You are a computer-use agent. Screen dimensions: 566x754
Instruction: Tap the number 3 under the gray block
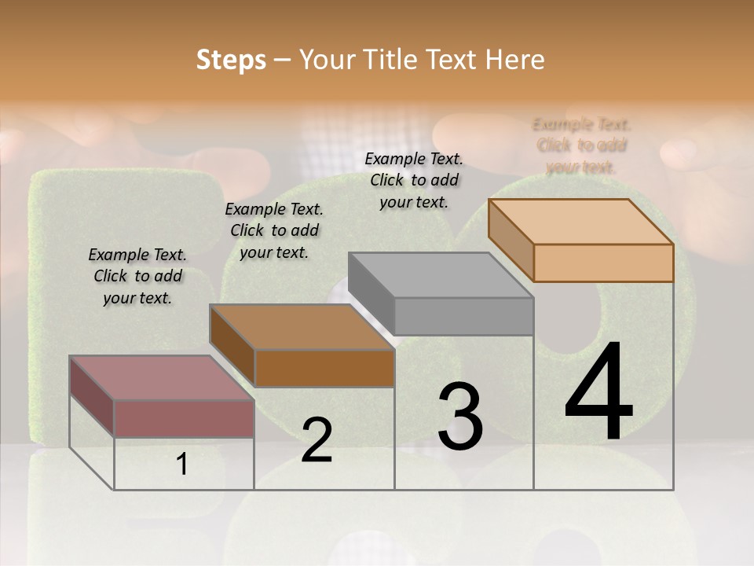(x=460, y=417)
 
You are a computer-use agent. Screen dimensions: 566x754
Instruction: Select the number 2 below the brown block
(x=317, y=440)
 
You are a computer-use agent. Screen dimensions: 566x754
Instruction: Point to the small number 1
(x=182, y=465)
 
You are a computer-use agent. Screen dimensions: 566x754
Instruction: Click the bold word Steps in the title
(x=231, y=60)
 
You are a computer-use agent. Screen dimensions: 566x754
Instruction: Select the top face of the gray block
(x=440, y=275)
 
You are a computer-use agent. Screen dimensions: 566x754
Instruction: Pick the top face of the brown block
(x=302, y=327)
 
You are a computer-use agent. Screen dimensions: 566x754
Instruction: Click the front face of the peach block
(x=603, y=263)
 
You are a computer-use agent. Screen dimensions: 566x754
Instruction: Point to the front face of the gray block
(x=463, y=316)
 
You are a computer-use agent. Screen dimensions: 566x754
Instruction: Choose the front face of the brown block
(x=324, y=368)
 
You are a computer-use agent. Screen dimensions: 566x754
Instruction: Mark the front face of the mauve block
(x=184, y=418)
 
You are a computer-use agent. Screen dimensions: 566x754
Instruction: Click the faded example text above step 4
(x=581, y=145)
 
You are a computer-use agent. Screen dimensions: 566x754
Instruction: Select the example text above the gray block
(x=414, y=180)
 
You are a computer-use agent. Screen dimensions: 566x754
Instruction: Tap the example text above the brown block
(x=274, y=230)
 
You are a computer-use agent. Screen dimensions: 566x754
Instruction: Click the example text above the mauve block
(x=137, y=276)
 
